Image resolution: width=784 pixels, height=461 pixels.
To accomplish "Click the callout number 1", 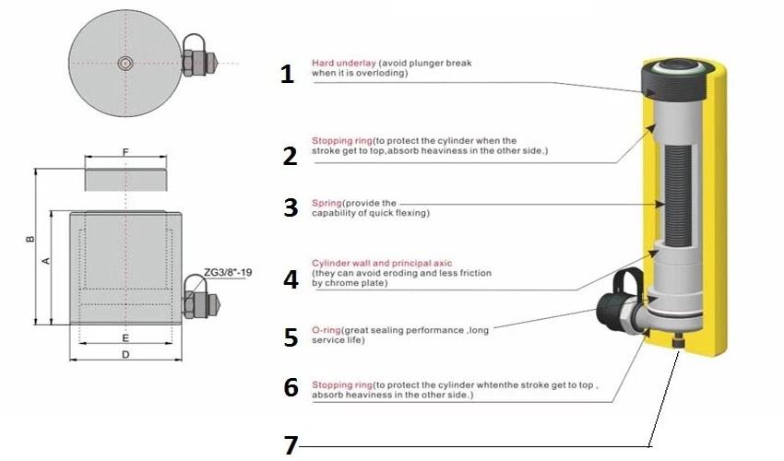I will click(x=287, y=74).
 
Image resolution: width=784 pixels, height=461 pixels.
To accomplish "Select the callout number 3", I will click(x=291, y=207).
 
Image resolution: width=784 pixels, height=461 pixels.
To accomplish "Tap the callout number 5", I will click(x=291, y=337).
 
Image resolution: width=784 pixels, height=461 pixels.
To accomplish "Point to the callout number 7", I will click(x=291, y=446).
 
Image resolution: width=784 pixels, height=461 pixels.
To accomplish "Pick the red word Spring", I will click(x=329, y=202).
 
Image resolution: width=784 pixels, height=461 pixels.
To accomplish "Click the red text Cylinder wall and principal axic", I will click(x=382, y=263).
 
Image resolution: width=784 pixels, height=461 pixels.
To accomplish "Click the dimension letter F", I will click(x=125, y=153).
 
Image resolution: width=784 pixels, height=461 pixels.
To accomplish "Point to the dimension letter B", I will click(x=30, y=240).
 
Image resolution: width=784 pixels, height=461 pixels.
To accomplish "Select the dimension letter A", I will click(x=46, y=262).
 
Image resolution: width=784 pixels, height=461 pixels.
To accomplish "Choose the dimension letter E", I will click(x=125, y=337).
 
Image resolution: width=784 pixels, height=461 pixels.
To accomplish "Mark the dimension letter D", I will click(x=125, y=353).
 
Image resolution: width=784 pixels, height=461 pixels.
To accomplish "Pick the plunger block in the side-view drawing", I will click(x=125, y=179).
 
